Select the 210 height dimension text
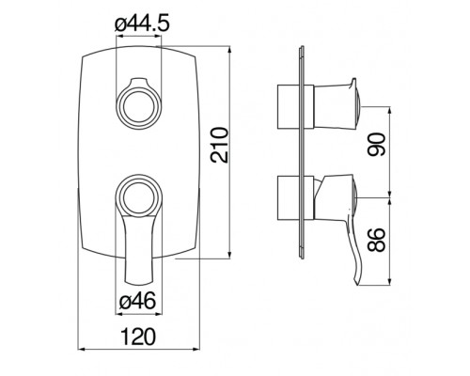click(219, 146)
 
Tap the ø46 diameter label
click(138, 304)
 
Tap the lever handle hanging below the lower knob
click(138, 249)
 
